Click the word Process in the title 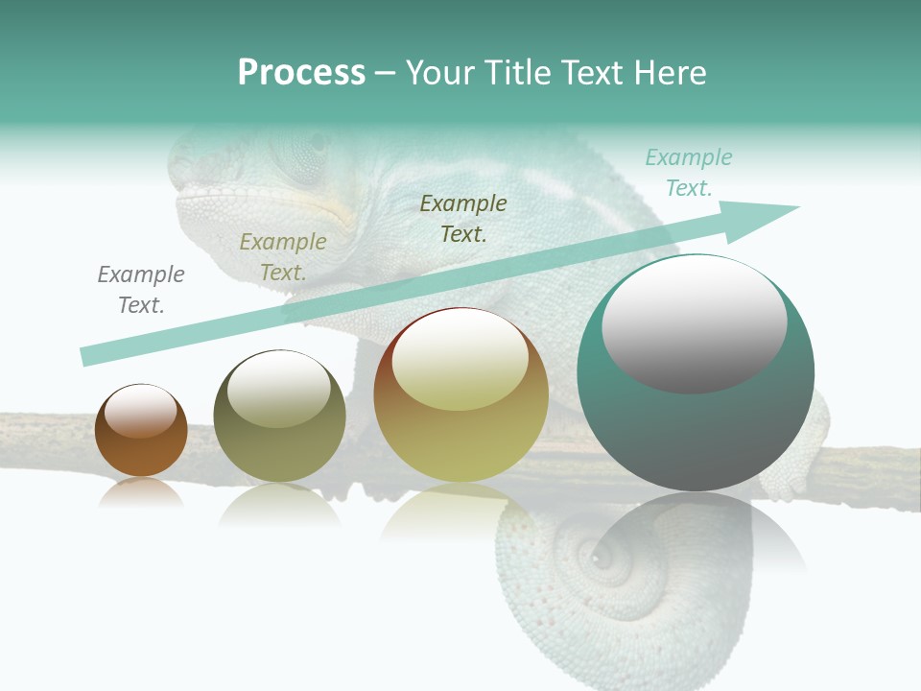click(x=301, y=73)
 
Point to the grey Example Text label click(x=141, y=290)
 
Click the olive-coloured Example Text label click(x=283, y=257)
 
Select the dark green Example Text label click(x=463, y=218)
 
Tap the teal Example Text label click(x=689, y=173)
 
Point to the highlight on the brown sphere click(x=141, y=411)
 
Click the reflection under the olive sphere click(x=279, y=504)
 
